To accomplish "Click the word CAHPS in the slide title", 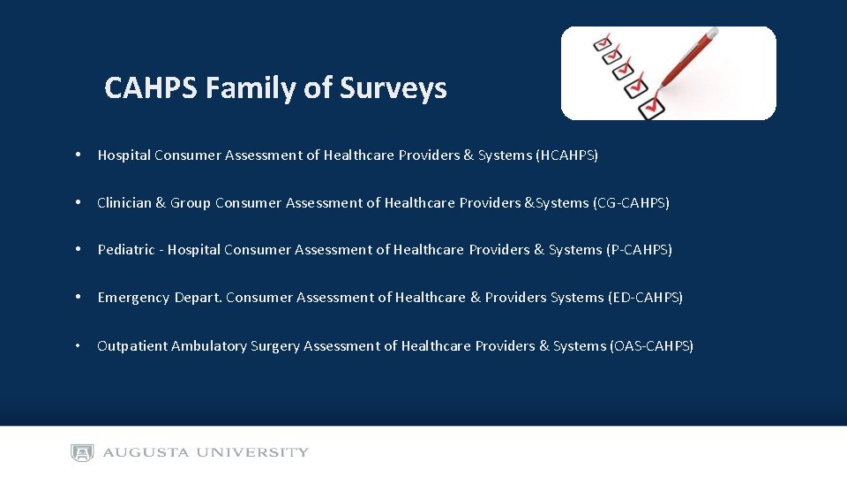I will [x=151, y=88].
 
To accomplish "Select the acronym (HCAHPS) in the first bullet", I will [x=566, y=155].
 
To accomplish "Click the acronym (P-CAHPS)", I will [x=640, y=250].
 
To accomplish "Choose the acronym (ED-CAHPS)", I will [x=646, y=298].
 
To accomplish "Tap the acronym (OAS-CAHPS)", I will [x=652, y=346].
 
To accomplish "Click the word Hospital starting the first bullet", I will [x=124, y=155].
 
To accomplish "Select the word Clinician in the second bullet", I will [x=124, y=203].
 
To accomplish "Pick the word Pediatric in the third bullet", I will [x=126, y=250].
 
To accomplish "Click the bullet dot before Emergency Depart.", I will [x=79, y=298].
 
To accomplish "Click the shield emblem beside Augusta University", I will [x=82, y=453].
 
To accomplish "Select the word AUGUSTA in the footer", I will [x=146, y=453].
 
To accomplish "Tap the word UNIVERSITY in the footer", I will [x=252, y=453].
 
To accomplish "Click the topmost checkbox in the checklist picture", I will [x=603, y=42].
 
